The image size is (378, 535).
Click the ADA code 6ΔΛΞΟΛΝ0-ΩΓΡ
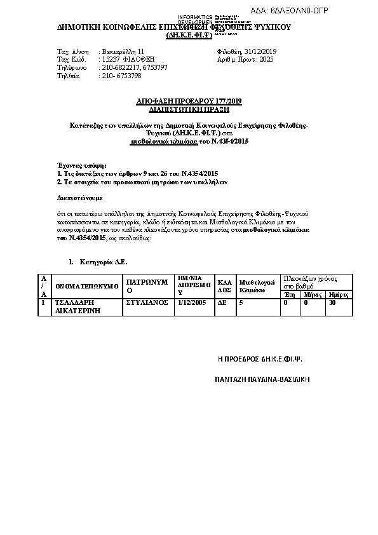335,11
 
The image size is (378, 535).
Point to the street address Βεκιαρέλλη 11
123,50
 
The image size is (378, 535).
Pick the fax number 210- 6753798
121,75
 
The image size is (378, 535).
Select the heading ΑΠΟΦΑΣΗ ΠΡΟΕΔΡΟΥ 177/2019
189,101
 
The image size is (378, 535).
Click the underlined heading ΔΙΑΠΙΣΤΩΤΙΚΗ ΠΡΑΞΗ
189,108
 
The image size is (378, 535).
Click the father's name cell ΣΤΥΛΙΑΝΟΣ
145,303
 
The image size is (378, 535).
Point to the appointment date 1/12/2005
192,303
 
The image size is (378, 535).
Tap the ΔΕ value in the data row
222,303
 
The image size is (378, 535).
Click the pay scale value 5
240,303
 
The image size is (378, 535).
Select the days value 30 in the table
331,303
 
